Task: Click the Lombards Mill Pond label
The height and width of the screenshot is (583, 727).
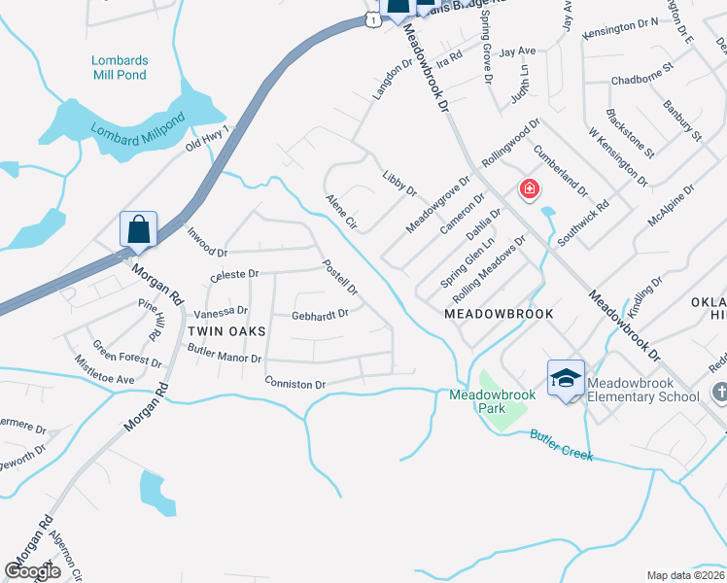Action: (x=120, y=67)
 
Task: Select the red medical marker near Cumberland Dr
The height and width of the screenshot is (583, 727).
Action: (x=530, y=189)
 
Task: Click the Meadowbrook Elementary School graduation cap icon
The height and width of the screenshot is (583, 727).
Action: (x=566, y=379)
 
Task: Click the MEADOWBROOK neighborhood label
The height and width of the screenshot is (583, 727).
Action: (x=499, y=314)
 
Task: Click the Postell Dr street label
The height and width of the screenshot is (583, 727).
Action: (x=340, y=277)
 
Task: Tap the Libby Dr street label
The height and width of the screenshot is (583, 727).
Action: (x=398, y=183)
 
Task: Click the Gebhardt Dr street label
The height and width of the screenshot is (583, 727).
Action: (x=320, y=314)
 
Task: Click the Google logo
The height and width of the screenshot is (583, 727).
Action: (x=32, y=571)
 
